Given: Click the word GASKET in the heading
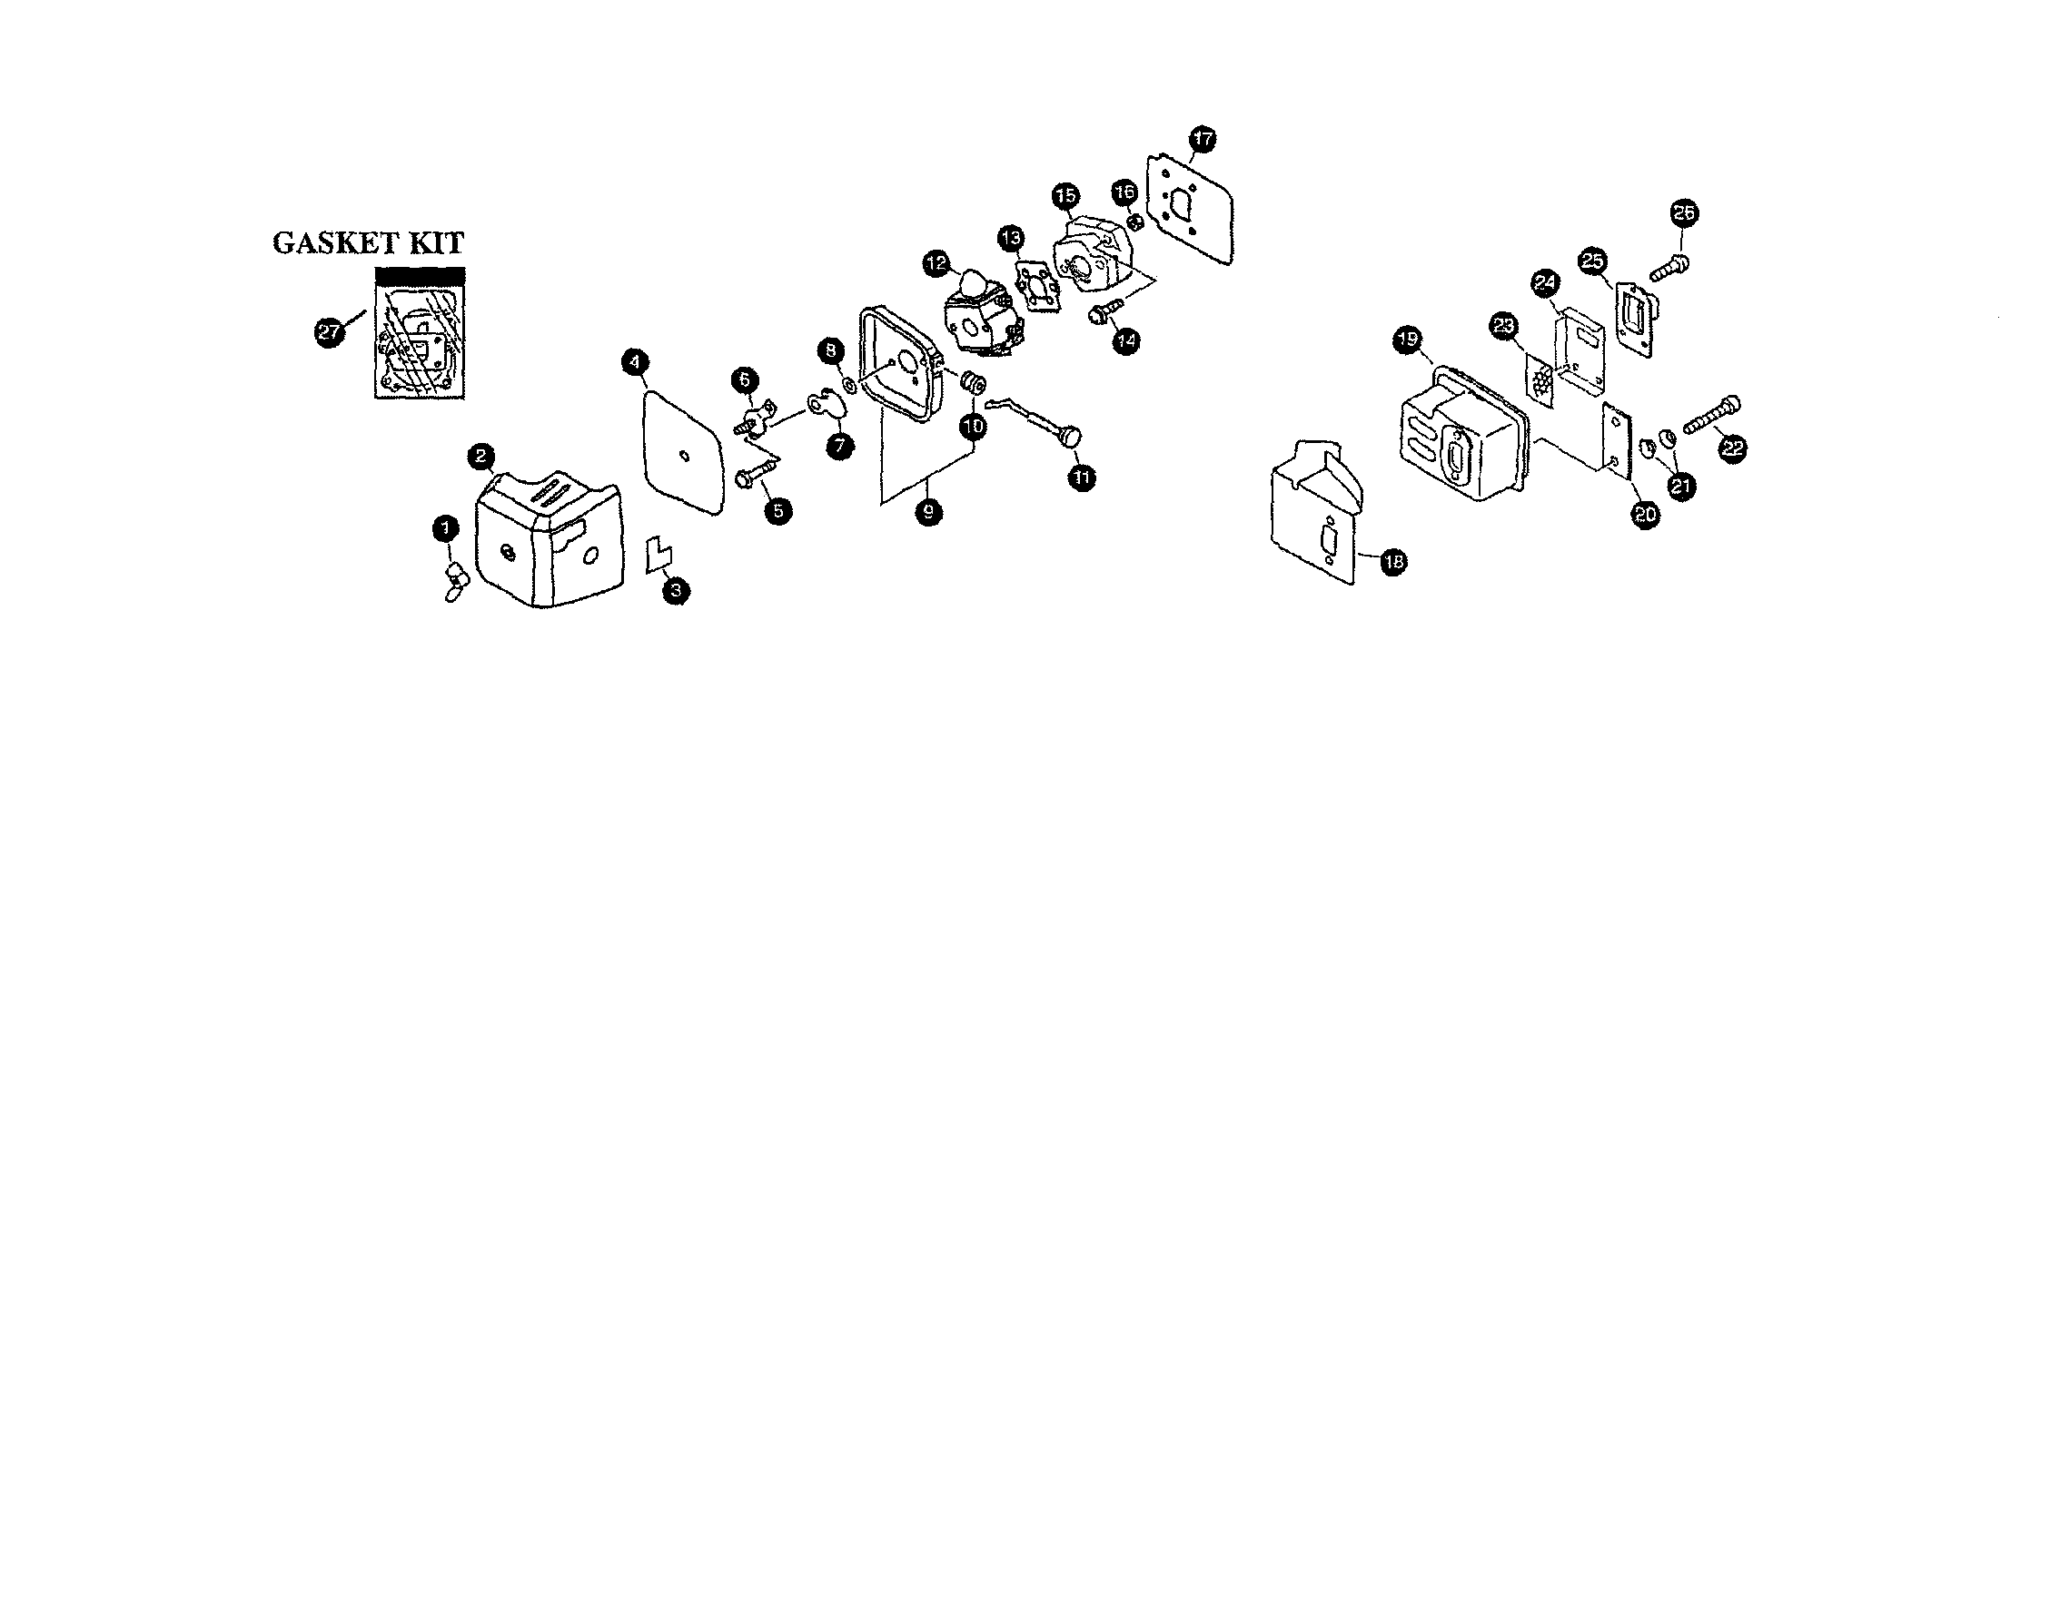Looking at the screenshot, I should [x=330, y=243].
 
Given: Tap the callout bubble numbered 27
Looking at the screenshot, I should [x=327, y=331].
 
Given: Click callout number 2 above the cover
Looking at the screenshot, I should [x=480, y=457].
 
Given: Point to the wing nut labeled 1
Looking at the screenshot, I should [x=455, y=581].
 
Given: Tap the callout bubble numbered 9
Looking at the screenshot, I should [x=927, y=510].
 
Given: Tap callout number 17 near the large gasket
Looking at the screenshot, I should [x=1203, y=139].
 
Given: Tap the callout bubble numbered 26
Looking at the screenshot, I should [x=1683, y=213].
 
